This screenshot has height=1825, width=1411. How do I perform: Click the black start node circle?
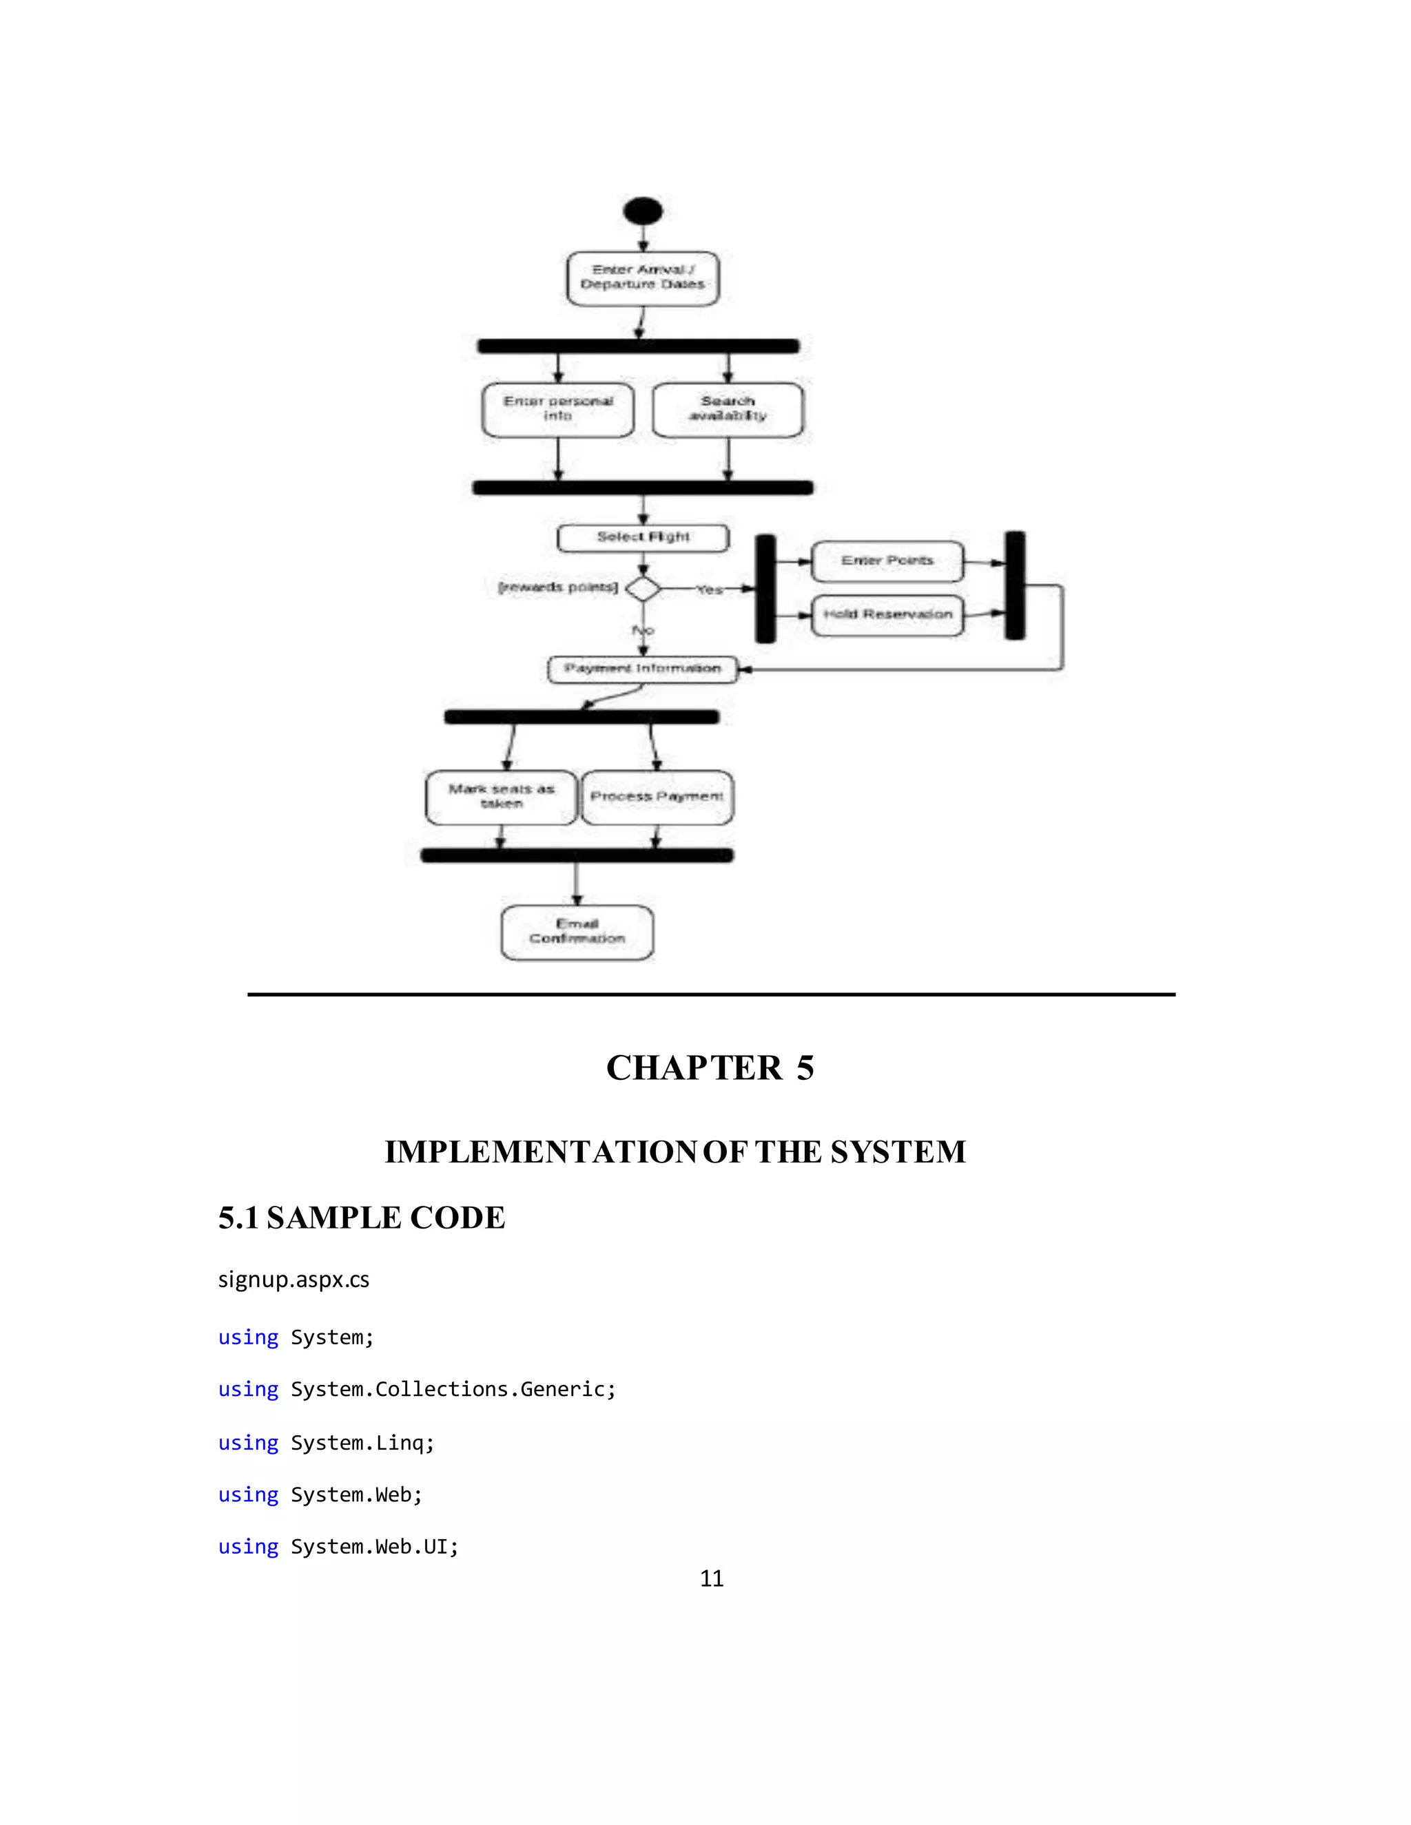[643, 211]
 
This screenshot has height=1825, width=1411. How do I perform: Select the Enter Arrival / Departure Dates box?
[643, 278]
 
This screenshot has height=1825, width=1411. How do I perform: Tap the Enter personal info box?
[557, 410]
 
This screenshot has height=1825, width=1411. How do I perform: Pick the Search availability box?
[728, 410]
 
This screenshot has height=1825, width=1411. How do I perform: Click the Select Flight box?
[643, 537]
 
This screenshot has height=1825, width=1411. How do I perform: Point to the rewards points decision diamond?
[643, 588]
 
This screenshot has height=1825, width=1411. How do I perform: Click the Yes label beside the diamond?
[709, 590]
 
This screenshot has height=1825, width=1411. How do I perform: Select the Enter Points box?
[887, 561]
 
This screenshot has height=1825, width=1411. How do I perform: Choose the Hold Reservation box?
[887, 615]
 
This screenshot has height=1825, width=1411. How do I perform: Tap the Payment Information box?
[642, 669]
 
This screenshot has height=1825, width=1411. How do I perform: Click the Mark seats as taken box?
[501, 797]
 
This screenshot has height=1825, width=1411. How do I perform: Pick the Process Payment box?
[657, 797]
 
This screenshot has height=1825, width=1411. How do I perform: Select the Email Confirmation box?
[577, 932]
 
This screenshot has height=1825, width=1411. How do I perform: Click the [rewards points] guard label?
[557, 587]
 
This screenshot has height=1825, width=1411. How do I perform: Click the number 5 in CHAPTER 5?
[805, 1068]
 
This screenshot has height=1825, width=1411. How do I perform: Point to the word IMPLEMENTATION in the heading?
[540, 1152]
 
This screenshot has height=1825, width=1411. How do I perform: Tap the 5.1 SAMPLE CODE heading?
[361, 1218]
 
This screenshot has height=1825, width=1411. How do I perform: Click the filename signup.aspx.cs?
[293, 1280]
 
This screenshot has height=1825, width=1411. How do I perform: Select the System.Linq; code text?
[362, 1443]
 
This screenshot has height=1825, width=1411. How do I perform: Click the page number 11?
[711, 1578]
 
